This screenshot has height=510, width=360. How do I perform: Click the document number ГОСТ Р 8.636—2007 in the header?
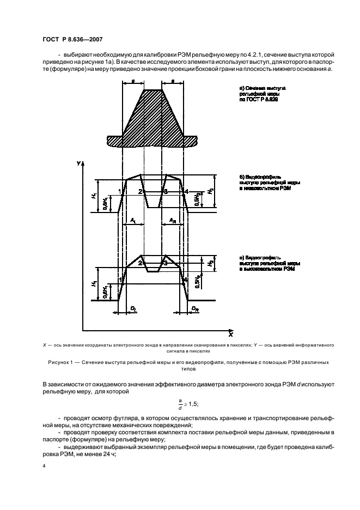coord(72,40)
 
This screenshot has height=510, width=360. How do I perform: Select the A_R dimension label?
coord(172,220)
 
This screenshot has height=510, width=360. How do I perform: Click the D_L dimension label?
coord(133,308)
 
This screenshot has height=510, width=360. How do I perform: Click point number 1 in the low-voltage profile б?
coord(119,191)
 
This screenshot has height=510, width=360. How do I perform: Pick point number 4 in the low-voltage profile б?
coord(186,191)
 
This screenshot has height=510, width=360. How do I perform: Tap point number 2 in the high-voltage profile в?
coord(140,263)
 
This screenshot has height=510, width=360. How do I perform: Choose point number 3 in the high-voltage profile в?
coord(165,263)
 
